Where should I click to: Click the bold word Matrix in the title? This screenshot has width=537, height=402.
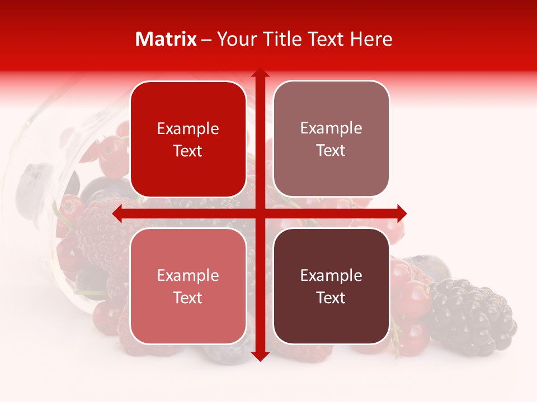pos(166,39)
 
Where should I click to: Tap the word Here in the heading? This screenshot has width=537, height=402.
pos(371,39)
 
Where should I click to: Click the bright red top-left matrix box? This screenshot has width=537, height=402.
pos(188,139)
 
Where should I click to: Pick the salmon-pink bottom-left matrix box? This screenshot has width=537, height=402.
pos(188,286)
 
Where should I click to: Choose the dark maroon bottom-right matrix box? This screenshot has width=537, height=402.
pos(331,286)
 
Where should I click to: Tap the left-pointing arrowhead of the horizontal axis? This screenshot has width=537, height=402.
pos(117,213)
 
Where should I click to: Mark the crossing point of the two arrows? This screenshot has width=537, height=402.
pos(260,213)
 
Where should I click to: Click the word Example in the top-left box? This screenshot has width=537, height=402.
pos(188,129)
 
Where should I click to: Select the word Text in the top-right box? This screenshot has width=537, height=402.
pos(331,150)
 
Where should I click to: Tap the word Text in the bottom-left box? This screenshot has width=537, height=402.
pos(188,298)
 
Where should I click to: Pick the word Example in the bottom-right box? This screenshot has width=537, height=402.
pos(331,275)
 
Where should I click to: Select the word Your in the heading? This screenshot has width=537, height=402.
pos(235,39)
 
